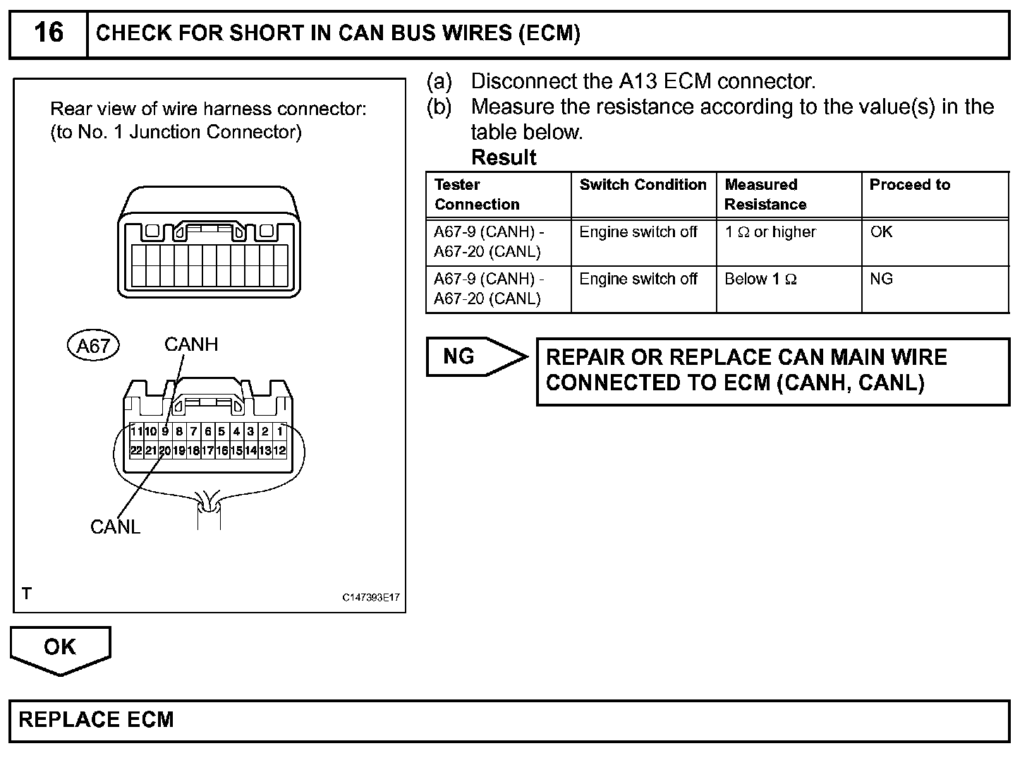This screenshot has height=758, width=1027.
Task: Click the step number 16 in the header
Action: pos(48,32)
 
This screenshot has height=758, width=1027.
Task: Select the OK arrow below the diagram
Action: pos(60,648)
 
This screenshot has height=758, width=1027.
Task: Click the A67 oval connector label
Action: pos(93,346)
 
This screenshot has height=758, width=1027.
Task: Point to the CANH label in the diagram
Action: pos(191,344)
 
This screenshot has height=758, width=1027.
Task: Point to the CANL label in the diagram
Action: pos(115,527)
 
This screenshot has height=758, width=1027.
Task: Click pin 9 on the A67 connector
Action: pos(165,431)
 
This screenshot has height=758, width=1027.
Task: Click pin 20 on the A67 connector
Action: pos(164,450)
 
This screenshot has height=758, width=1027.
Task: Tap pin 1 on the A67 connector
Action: pos(280,431)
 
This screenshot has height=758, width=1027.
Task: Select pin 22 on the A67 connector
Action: pos(136,450)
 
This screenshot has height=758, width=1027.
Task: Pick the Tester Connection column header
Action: pos(477,194)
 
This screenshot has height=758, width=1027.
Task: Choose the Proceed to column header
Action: pos(909,185)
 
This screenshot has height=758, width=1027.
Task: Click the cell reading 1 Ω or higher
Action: pos(770,232)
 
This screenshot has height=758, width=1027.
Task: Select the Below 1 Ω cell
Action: pos(760,279)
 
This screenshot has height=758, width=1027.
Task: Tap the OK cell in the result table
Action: pos(881,232)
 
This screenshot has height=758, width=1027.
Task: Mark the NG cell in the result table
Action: pos(881,279)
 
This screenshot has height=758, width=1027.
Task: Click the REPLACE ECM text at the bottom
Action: pos(96,719)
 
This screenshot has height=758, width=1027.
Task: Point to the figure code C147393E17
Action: pos(371,598)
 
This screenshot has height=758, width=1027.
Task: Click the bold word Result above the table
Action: pos(504,157)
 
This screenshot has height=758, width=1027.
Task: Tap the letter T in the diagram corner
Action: pos(27,594)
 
